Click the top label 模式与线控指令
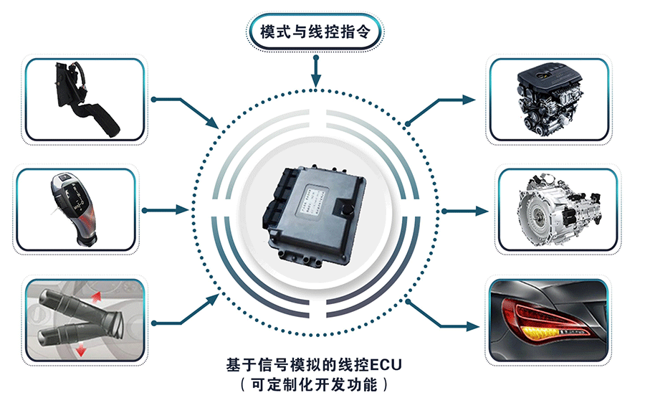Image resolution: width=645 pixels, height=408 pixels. pos(315,32)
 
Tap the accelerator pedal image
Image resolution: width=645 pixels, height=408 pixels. pos(85,100)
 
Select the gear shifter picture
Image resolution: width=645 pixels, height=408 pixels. pos(75,209)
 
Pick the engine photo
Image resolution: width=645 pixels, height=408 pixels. pos(550,100)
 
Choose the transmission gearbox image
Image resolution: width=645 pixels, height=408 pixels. pos(558,209)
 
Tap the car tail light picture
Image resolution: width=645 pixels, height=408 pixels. pos(548,320)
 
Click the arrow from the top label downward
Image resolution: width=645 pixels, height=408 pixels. pos(315,72)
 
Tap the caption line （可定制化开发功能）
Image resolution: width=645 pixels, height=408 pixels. pos(315,384)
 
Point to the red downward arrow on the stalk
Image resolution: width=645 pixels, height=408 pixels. pos(81,350)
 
